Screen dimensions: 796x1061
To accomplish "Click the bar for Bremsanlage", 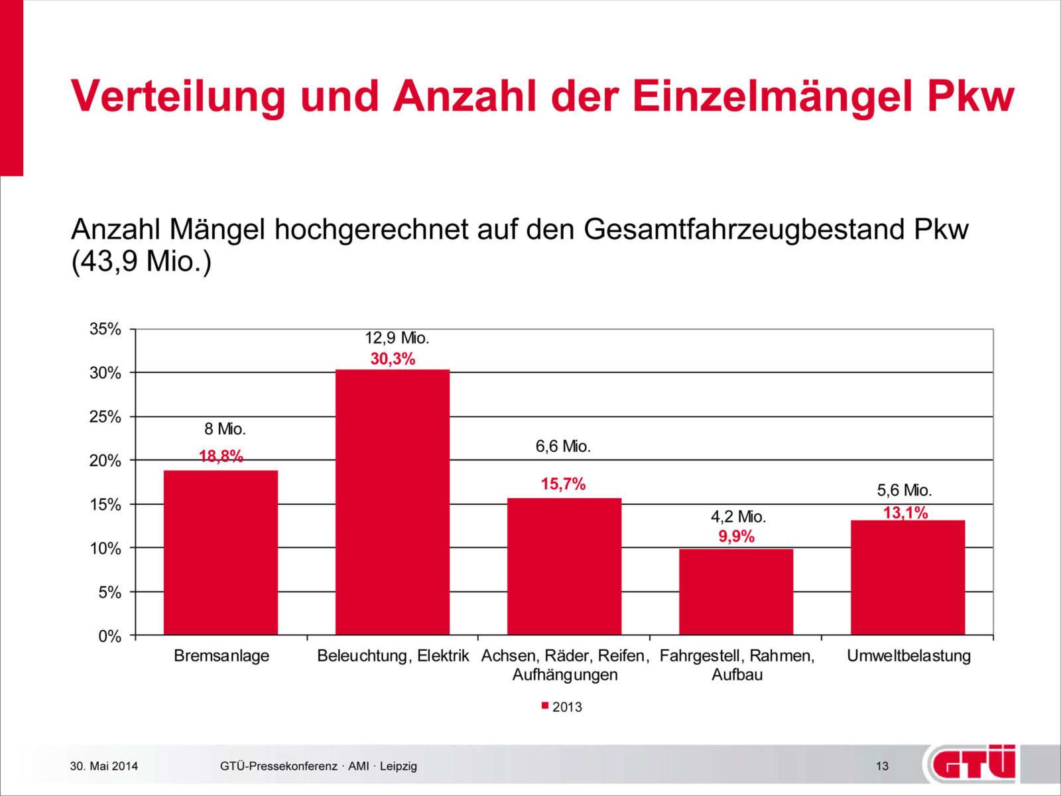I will [x=221, y=552].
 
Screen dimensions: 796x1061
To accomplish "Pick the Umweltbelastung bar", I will [x=908, y=577].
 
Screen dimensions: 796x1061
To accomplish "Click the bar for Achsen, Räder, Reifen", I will [x=564, y=566].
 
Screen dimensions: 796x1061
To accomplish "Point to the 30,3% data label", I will [x=393, y=359].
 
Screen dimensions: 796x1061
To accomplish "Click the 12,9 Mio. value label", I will [x=397, y=338].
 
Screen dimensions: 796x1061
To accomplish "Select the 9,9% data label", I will [x=736, y=537].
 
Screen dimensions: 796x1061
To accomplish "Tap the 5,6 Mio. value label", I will [x=905, y=490].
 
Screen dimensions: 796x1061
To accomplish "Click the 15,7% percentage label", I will [x=563, y=484].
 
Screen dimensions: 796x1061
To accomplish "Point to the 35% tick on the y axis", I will [x=105, y=329].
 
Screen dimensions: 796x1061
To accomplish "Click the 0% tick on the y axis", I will [x=110, y=636].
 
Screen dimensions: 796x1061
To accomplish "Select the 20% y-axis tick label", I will [x=105, y=460].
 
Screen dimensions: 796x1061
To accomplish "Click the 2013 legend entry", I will [x=562, y=706].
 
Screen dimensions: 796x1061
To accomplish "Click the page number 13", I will [x=882, y=766].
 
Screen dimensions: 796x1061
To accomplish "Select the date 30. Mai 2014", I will [x=104, y=766].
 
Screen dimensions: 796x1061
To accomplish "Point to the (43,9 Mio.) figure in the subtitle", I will [x=141, y=261].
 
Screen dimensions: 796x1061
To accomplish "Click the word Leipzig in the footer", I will [x=399, y=766].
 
